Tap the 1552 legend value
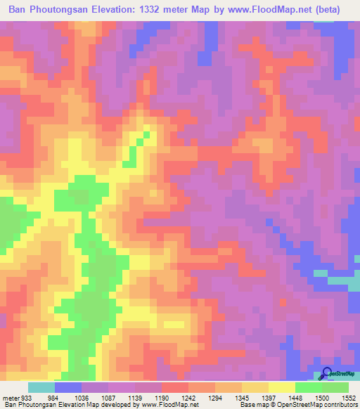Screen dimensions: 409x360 tap(349, 398)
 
